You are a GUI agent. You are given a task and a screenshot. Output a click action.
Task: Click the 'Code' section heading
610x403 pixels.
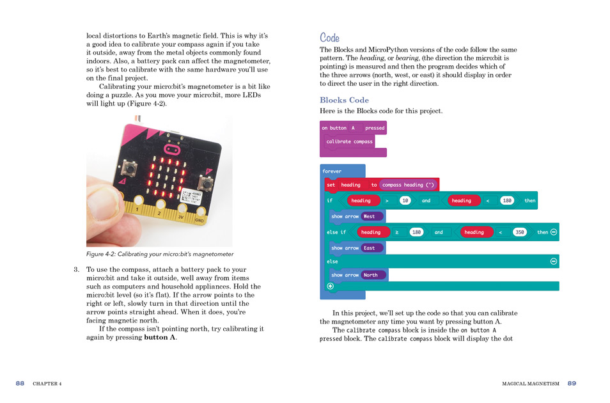329,38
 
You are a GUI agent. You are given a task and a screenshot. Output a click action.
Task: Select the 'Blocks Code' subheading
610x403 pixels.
344,100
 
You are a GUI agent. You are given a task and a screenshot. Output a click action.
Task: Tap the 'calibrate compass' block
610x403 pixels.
349,141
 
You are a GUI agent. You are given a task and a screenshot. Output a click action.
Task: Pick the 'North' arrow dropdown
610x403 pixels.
373,275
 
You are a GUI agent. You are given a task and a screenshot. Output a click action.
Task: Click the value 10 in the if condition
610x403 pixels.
405,200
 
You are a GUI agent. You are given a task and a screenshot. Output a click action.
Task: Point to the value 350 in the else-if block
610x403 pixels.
519,232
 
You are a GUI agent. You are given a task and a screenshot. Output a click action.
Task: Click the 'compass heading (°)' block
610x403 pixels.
408,185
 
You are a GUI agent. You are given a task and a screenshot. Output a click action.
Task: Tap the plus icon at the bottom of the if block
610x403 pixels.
331,286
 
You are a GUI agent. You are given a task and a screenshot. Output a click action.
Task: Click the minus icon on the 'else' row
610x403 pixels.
554,261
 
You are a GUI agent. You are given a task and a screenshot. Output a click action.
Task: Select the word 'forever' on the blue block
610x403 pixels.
332,171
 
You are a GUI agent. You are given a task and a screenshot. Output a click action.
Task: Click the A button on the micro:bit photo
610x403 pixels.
129,169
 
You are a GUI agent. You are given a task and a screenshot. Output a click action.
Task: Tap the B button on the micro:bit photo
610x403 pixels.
205,184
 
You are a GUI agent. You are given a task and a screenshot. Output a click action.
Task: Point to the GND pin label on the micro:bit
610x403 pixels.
199,221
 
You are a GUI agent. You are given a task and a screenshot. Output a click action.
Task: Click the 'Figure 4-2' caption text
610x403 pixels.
160,254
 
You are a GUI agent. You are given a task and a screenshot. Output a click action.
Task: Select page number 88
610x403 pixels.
20,383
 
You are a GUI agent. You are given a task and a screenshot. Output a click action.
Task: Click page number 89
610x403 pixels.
572,383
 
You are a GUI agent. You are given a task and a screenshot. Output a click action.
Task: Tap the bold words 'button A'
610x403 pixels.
160,337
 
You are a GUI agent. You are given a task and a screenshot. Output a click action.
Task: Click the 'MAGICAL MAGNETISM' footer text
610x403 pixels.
531,384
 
